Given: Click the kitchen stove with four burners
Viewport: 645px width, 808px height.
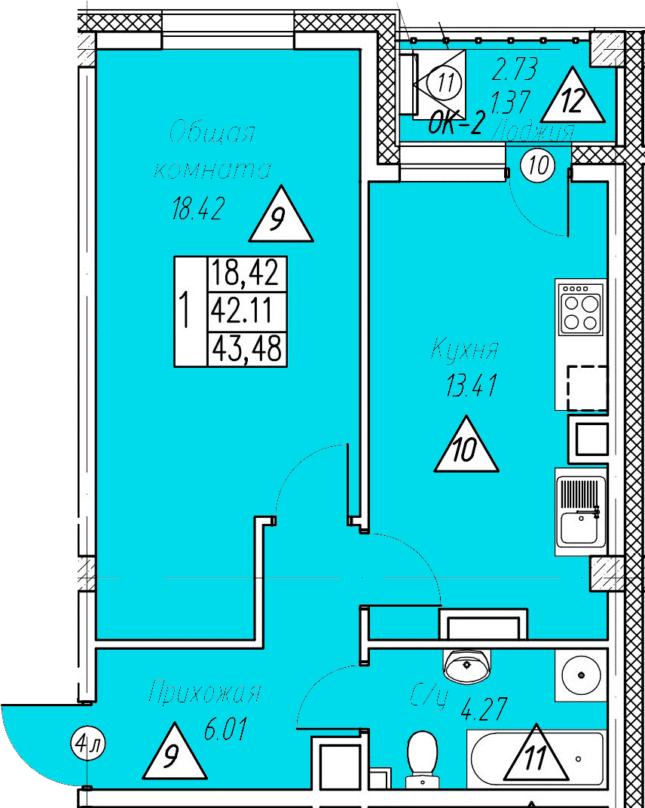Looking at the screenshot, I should coord(581,308).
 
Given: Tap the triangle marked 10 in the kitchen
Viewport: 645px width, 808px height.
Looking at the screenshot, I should coord(466,448).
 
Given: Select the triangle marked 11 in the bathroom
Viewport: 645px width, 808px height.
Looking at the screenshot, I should coord(535,756).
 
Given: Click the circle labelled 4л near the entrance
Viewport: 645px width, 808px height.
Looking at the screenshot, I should coord(88,745).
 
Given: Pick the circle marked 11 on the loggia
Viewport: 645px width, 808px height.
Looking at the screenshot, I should coord(447,81).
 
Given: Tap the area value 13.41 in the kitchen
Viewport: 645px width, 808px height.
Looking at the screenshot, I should coord(472,387).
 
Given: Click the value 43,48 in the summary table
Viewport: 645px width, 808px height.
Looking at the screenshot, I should coord(246,348).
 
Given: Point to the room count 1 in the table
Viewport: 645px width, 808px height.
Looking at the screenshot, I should coord(183,309).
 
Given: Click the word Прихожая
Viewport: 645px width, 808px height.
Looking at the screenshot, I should coord(205,691).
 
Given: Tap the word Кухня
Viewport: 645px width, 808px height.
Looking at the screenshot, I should coord(465,350).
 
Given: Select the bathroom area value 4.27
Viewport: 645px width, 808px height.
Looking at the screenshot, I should coord(484,709).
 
